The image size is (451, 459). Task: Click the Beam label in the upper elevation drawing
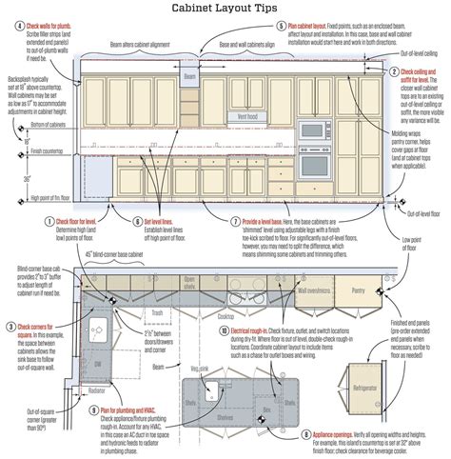pos(188,76)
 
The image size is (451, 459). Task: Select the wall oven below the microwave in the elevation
pos(312,163)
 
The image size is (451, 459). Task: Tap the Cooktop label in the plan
pos(226,314)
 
